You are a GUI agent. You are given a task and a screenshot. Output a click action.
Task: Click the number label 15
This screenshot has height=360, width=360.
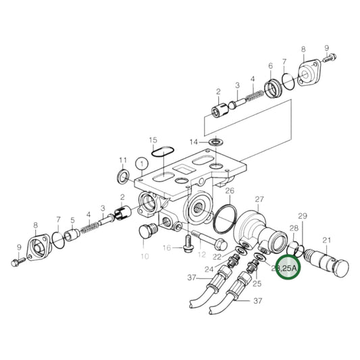(x=153, y=139)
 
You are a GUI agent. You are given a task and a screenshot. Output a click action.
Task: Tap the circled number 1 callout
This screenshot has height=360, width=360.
(x=140, y=163)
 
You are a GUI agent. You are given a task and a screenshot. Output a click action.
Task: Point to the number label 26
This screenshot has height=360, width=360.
(x=229, y=191)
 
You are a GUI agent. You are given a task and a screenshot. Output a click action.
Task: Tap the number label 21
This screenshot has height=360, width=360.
(x=326, y=240)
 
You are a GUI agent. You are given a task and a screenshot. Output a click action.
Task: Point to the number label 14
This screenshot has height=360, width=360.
(x=194, y=142)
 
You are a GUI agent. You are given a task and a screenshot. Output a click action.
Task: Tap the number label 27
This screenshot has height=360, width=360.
(x=258, y=199)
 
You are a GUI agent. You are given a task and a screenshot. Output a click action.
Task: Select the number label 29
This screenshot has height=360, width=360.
(x=303, y=216)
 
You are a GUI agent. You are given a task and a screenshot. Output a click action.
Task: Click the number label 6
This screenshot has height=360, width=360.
(x=269, y=66)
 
